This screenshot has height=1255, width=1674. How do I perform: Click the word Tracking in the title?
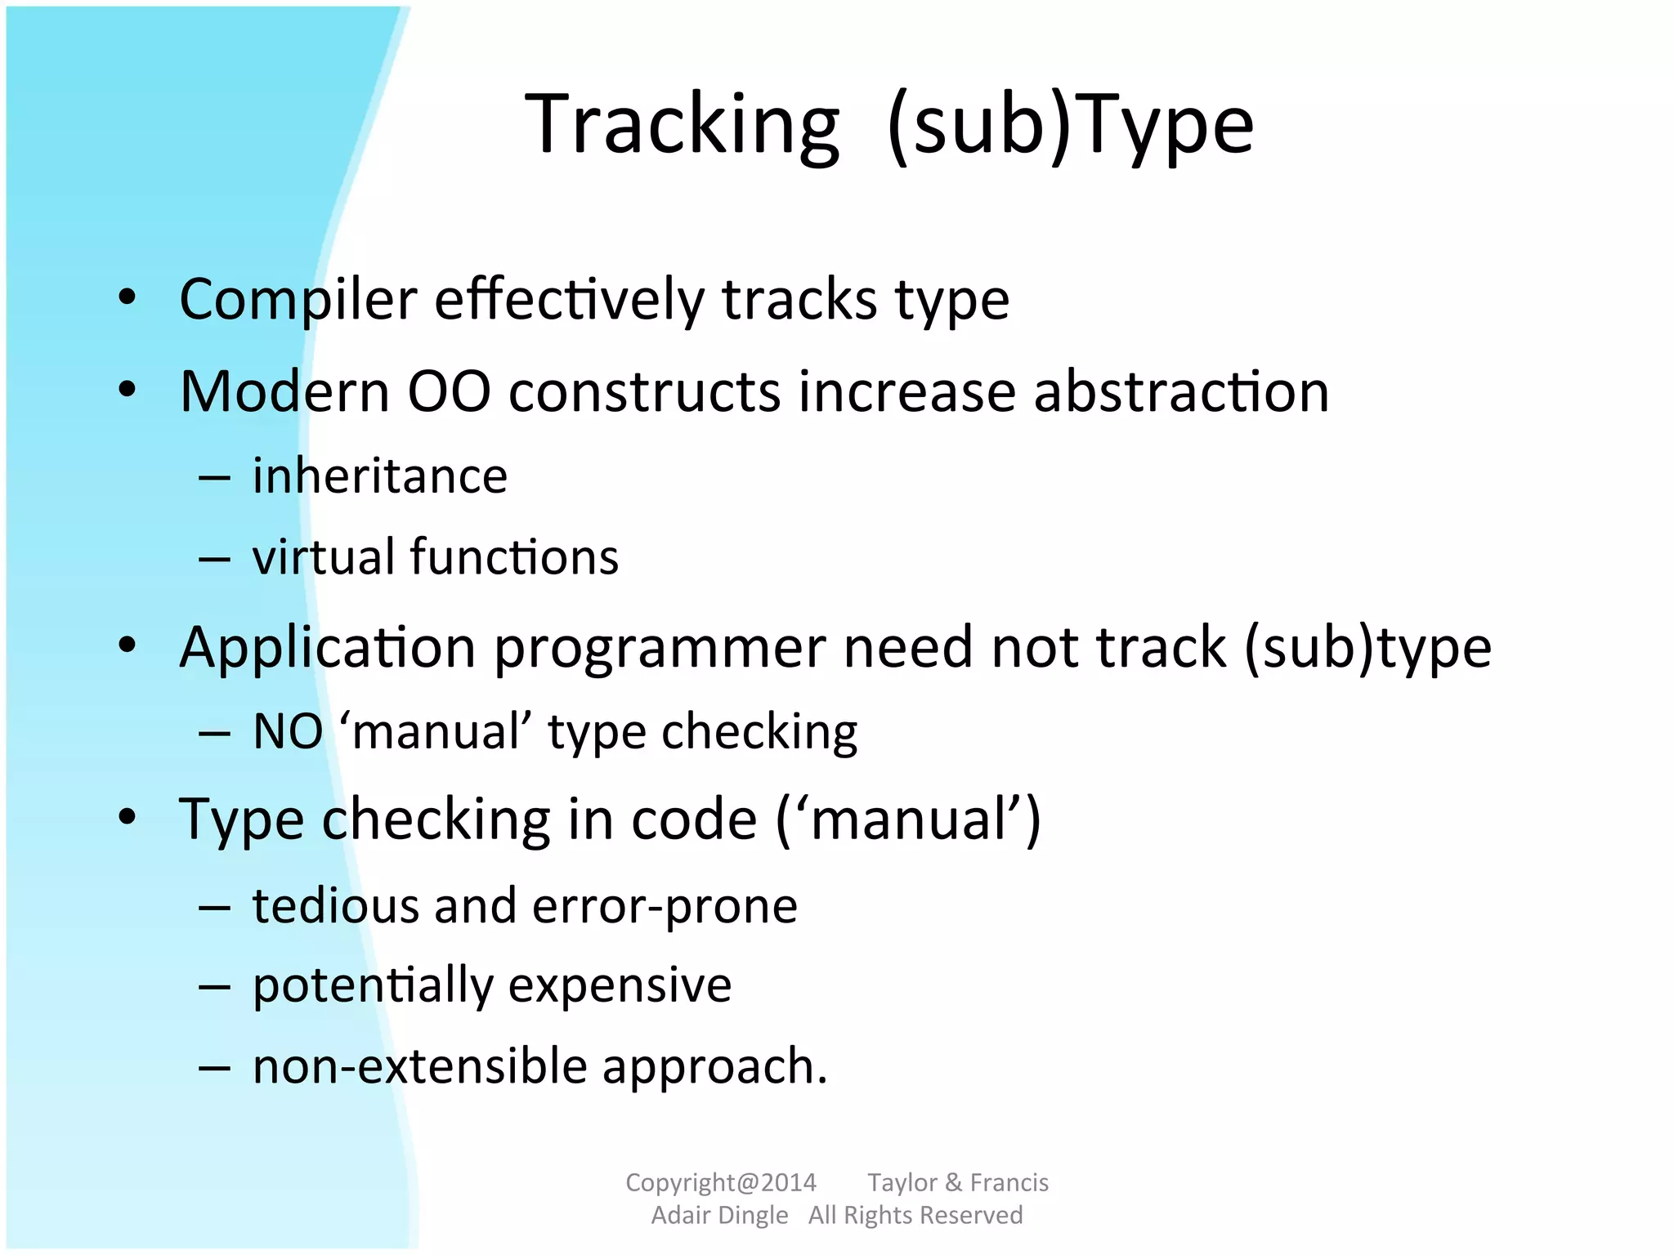(x=682, y=125)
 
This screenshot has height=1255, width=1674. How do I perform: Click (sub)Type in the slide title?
(x=1070, y=125)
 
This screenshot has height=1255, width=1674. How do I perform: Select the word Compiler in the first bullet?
(x=298, y=300)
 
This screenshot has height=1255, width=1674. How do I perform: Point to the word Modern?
(x=284, y=391)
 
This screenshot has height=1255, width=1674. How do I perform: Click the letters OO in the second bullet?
(x=449, y=391)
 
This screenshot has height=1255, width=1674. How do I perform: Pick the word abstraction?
(x=1181, y=391)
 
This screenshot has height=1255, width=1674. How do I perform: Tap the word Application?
(x=327, y=648)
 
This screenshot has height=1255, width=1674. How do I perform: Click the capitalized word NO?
(x=288, y=731)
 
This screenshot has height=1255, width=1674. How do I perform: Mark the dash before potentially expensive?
(x=214, y=986)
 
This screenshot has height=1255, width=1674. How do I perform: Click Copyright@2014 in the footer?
(x=721, y=1182)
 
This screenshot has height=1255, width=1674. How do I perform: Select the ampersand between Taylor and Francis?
(x=953, y=1182)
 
